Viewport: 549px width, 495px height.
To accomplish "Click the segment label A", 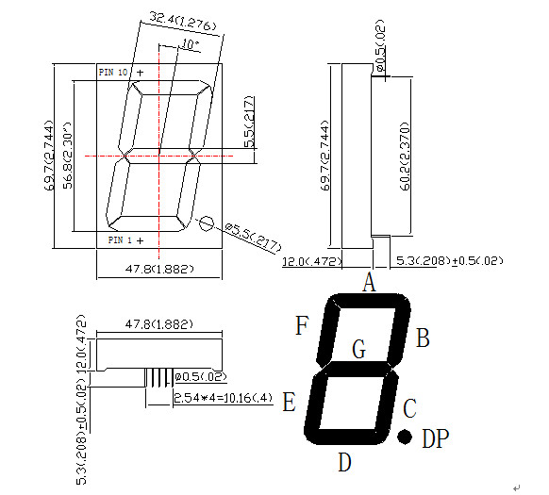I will [x=370, y=281].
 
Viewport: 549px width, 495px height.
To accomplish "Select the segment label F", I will [x=302, y=326].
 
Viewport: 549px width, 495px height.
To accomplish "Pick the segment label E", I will [x=290, y=404].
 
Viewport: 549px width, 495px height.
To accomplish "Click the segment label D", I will [x=345, y=462].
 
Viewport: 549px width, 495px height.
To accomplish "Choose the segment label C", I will [x=409, y=409].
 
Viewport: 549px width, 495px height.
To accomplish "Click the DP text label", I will [x=435, y=438].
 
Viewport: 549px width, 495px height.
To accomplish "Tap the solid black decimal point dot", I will [x=405, y=437].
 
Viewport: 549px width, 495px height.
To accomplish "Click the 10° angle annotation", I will [x=189, y=44].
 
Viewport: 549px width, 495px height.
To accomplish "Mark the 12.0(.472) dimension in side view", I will [x=311, y=260].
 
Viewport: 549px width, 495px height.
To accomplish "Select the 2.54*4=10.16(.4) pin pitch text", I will [x=224, y=398].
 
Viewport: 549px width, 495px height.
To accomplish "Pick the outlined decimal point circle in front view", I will [x=205, y=223].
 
